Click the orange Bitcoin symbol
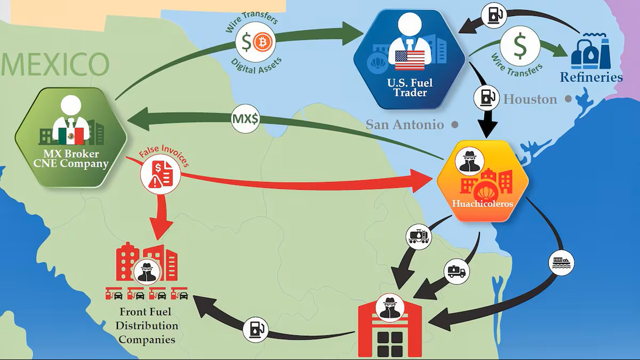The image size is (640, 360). (262, 43)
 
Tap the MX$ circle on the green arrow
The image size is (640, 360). (245, 119)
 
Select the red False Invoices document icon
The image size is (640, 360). (160, 174)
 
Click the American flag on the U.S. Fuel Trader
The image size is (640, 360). (410, 60)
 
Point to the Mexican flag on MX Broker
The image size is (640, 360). (71, 136)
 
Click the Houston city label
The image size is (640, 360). (530, 99)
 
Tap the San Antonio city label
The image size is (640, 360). (405, 125)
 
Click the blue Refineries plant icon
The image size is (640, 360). (590, 51)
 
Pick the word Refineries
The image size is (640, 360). (591, 77)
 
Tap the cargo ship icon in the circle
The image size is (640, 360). (562, 263)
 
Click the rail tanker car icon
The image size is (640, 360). (419, 237)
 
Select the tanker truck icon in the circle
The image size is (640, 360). (457, 271)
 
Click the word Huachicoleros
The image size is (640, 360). (483, 204)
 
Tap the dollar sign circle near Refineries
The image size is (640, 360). (520, 46)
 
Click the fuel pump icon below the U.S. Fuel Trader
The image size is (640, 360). (486, 98)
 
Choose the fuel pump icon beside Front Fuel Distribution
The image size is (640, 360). (255, 330)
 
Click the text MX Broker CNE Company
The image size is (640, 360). (71, 159)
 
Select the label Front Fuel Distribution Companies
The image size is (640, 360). (147, 326)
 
